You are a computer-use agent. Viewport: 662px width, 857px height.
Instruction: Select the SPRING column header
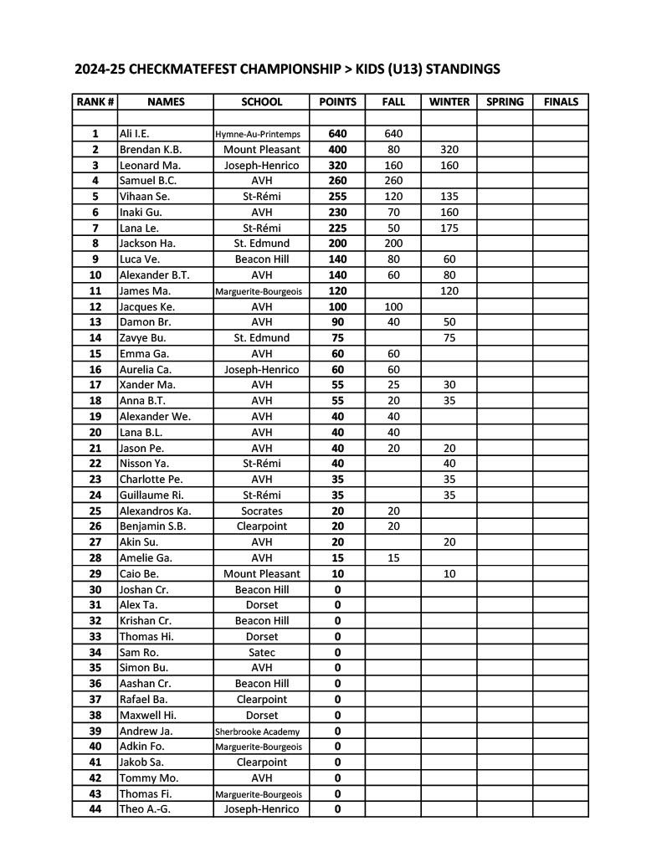[505, 102]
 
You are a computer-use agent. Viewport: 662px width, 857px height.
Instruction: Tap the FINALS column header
[561, 102]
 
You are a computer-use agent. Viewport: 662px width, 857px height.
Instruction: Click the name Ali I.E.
[135, 133]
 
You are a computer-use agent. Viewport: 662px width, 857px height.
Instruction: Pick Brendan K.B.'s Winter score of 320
[449, 149]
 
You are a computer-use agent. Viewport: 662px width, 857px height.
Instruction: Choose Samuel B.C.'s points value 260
[337, 181]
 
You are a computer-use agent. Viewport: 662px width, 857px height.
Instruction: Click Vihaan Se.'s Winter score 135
[449, 197]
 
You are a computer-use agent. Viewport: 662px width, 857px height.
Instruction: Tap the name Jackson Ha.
[146, 244]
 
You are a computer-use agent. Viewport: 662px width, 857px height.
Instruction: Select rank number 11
[95, 290]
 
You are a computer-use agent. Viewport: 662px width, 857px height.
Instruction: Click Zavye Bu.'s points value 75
[337, 338]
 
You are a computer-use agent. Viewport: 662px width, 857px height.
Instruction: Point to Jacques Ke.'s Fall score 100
[393, 306]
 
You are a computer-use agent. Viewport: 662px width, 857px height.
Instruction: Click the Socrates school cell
[262, 511]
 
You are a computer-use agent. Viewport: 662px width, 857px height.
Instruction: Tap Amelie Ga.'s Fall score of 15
[393, 558]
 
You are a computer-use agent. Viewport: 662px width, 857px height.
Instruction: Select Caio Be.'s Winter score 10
[449, 574]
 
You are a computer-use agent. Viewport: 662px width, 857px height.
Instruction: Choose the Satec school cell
[262, 652]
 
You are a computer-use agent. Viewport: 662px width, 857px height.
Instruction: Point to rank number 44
[95, 809]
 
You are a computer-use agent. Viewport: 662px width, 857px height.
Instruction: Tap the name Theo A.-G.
[145, 809]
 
